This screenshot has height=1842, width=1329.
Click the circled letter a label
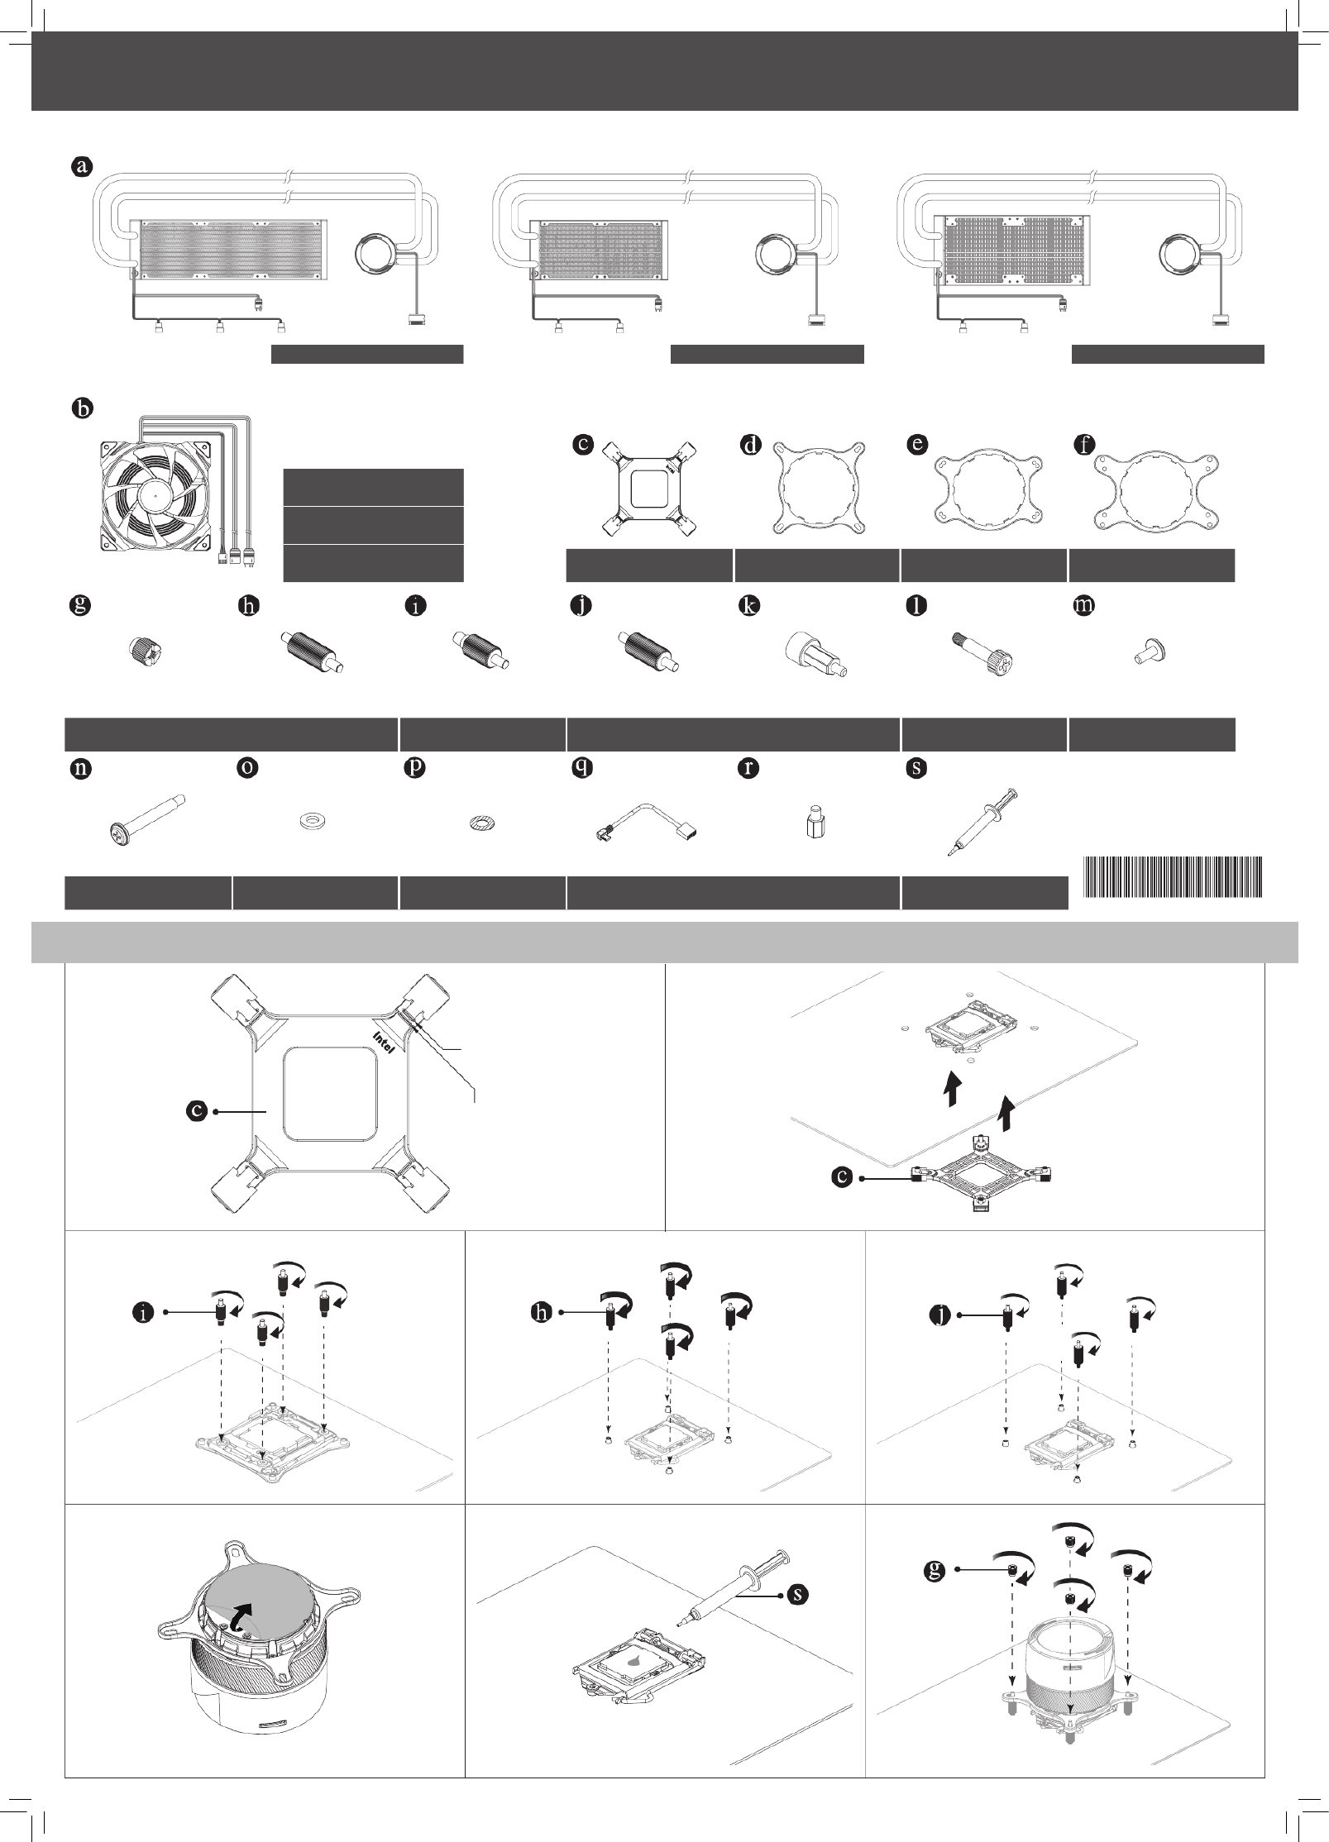(x=80, y=166)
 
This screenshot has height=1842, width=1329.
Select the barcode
(x=1173, y=877)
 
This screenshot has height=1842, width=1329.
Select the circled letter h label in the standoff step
(x=542, y=1313)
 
